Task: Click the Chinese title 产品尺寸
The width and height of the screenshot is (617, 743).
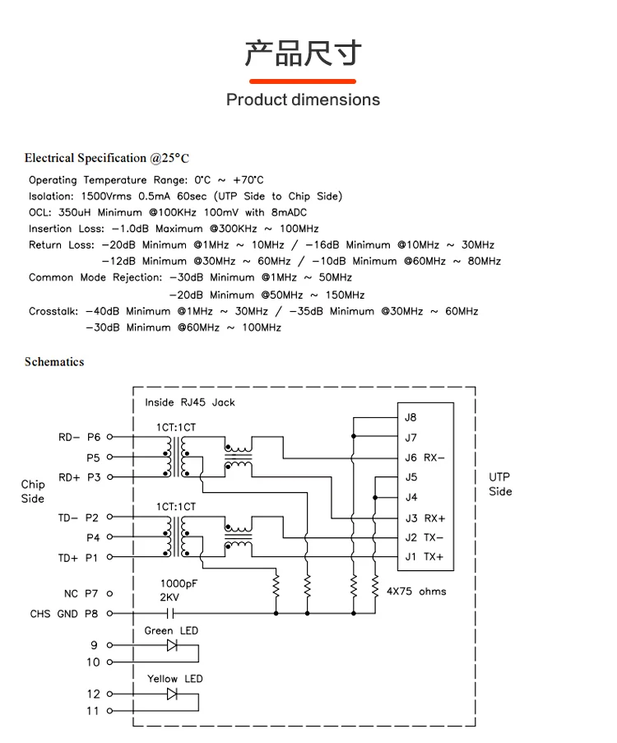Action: (x=303, y=53)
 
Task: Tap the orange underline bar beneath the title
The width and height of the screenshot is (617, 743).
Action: (x=303, y=81)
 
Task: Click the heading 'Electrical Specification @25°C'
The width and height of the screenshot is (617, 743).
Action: (x=107, y=158)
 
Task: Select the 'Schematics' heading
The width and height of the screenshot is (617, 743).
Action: (x=54, y=361)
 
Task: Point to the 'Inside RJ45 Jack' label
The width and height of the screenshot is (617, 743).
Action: (x=190, y=402)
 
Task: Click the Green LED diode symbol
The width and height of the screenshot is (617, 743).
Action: (x=172, y=645)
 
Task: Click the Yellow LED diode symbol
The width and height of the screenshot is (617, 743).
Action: (x=172, y=694)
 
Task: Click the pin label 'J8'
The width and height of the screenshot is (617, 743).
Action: (x=411, y=418)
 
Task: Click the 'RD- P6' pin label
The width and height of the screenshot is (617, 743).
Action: (x=79, y=438)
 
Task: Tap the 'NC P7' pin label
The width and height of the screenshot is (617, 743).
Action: (x=81, y=593)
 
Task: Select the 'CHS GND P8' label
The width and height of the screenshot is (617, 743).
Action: (x=64, y=614)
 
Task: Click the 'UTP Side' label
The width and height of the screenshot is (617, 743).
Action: (x=500, y=485)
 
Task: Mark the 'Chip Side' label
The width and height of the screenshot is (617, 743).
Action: (x=33, y=491)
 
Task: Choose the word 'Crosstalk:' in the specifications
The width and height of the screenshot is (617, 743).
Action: (x=53, y=311)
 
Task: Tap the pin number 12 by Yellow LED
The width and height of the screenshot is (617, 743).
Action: (x=93, y=694)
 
